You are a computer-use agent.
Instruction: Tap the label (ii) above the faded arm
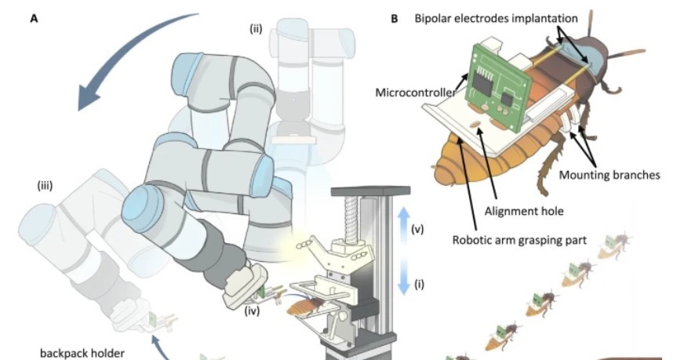pyautogui.click(x=256, y=29)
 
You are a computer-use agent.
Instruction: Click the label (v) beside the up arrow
pyautogui.click(x=418, y=229)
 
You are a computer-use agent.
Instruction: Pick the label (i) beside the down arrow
pyautogui.click(x=418, y=284)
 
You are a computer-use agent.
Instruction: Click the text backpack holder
pyautogui.click(x=82, y=352)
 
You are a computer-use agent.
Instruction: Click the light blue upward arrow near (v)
pyautogui.click(x=402, y=223)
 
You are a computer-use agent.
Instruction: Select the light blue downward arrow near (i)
pyautogui.click(x=402, y=278)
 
